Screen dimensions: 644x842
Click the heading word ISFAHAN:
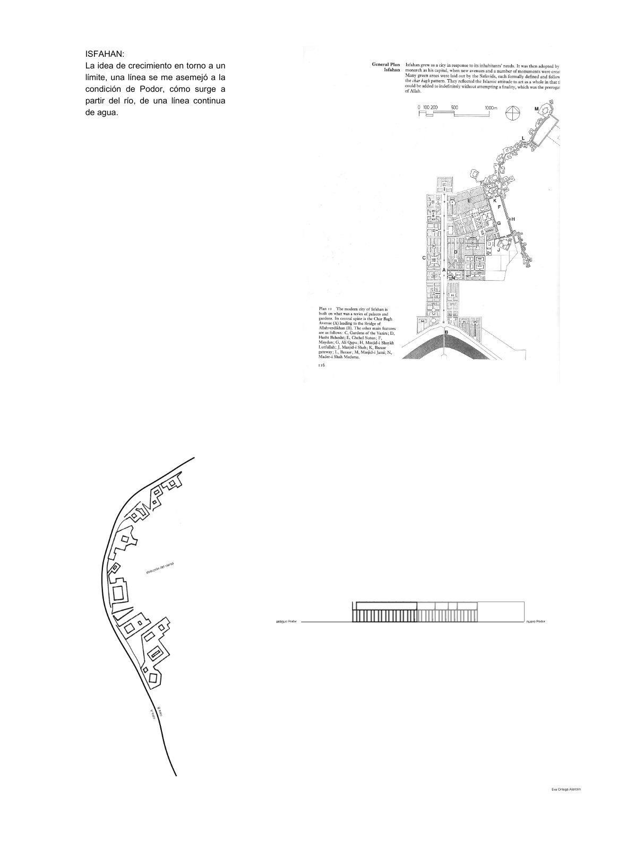click(105, 54)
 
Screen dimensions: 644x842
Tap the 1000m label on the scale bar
click(492, 107)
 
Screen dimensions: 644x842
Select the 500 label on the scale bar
click(454, 107)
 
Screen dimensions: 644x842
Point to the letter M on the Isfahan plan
click(536, 109)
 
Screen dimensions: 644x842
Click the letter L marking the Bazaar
click(523, 138)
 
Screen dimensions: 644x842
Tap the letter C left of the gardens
click(424, 258)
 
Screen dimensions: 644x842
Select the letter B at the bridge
click(446, 333)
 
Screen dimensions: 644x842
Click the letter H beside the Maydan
click(513, 219)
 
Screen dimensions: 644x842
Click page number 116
click(321, 365)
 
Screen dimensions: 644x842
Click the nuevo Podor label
click(535, 621)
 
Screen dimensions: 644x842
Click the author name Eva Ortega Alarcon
click(566, 789)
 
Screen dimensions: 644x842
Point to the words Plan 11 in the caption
click(325, 308)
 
